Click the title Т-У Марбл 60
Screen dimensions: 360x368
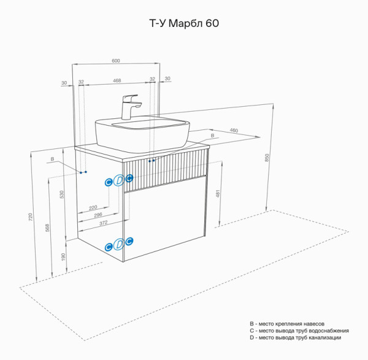tap(184, 24)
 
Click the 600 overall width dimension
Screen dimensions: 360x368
tap(116, 60)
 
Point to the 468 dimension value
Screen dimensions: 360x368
tap(117, 80)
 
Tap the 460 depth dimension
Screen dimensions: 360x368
tap(234, 131)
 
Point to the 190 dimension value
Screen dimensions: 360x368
tap(62, 256)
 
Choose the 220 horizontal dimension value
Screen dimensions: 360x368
tap(93, 207)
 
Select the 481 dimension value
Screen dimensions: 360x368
tap(219, 194)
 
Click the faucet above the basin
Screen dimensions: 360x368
tap(130, 106)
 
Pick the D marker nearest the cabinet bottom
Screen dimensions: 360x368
tap(119, 245)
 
